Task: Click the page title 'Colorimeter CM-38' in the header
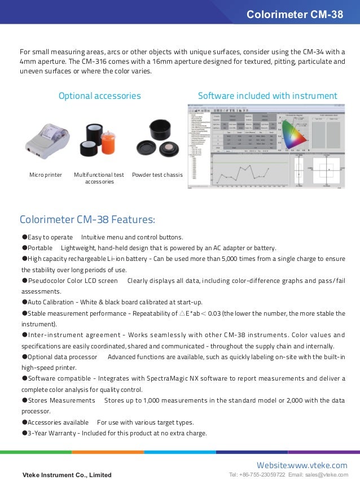click(295, 15)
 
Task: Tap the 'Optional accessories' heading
click(100, 96)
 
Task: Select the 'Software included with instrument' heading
click(267, 96)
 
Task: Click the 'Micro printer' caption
click(46, 175)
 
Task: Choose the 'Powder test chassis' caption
click(157, 175)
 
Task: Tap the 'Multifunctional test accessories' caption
click(99, 178)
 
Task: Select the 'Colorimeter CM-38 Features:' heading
click(87, 219)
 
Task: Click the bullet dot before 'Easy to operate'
click(24, 237)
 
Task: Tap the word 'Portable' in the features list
click(40, 248)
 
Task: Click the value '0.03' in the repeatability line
click(213, 313)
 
